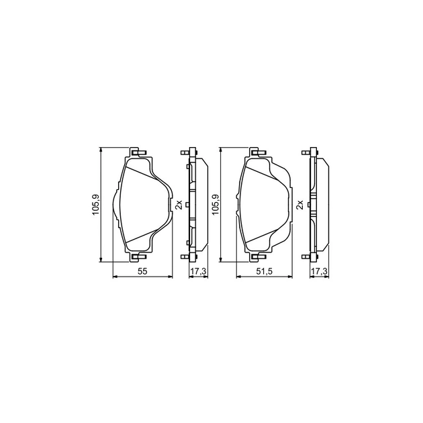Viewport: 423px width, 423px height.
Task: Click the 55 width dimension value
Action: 142,271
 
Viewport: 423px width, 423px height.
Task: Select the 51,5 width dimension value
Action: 265,271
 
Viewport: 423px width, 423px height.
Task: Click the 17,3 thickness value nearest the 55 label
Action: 198,271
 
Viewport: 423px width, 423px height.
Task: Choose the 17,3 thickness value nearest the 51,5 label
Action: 319,271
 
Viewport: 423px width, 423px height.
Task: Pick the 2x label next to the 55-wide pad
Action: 179,205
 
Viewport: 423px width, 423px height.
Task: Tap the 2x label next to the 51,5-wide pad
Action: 299,205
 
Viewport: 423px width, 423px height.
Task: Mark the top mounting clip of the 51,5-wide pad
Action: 255,152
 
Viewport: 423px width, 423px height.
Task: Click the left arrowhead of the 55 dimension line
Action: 114,277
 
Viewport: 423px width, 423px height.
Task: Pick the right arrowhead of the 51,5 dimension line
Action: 291,277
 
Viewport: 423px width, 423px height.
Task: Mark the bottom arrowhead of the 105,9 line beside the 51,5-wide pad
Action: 221,260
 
